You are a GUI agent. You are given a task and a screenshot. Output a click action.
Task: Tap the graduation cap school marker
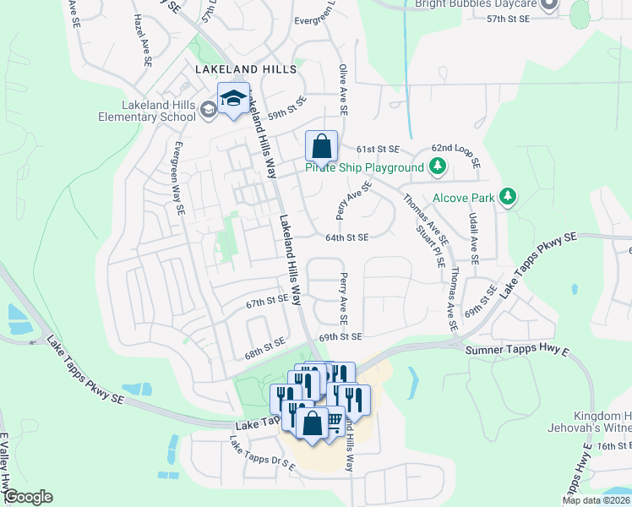233,99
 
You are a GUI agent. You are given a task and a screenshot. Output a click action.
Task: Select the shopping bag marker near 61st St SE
321,147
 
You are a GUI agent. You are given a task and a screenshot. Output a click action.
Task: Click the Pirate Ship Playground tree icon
437,168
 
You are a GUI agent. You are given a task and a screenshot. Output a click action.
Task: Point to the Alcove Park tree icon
507,198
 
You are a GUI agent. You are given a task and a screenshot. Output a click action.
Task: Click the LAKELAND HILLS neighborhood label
245,68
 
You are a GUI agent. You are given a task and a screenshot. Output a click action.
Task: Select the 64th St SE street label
347,237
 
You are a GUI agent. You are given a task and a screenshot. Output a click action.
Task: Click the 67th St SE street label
267,301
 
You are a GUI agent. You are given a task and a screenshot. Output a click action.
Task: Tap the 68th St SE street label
264,346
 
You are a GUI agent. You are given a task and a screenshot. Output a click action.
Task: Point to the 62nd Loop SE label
455,154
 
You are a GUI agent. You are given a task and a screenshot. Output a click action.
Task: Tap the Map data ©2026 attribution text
597,500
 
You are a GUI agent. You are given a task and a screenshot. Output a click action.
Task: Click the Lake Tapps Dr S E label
263,454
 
